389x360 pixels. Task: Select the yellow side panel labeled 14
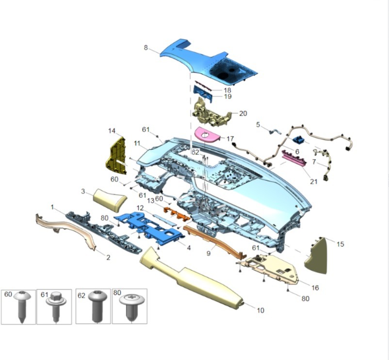116,156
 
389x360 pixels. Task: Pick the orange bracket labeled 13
177,214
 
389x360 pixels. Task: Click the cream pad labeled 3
110,199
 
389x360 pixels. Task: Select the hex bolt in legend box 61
56,306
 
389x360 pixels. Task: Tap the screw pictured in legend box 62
97,306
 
